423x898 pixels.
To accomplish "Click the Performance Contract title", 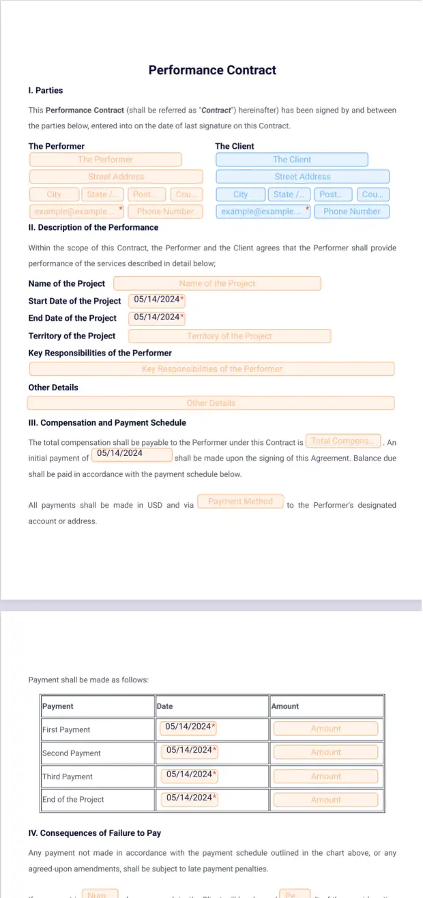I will coord(212,70).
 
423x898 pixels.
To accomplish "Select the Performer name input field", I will coord(105,160).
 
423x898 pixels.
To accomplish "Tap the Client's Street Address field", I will coord(302,177).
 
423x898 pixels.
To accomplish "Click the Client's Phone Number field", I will coord(351,212).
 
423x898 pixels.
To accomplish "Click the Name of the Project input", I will coord(217,283).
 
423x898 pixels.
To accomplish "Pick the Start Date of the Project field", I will coord(157,300).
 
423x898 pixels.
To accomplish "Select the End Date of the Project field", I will coord(157,317).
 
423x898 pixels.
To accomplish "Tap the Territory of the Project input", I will coord(229,336).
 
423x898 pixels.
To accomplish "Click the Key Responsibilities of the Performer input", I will coord(211,369).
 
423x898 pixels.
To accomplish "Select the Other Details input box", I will coord(211,403).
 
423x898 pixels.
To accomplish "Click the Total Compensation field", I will coord(342,441).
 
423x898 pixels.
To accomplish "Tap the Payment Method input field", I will coord(240,502).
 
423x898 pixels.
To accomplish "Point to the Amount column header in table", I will coord(285,706).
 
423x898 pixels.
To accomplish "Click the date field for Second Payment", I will coord(189,751).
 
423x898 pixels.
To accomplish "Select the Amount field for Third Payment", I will coord(325,776).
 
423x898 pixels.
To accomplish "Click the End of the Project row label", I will coord(73,799).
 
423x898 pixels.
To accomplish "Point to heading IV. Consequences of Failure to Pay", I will coord(95,833).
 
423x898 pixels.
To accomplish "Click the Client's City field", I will coord(241,194).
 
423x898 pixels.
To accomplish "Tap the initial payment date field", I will coord(131,454).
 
